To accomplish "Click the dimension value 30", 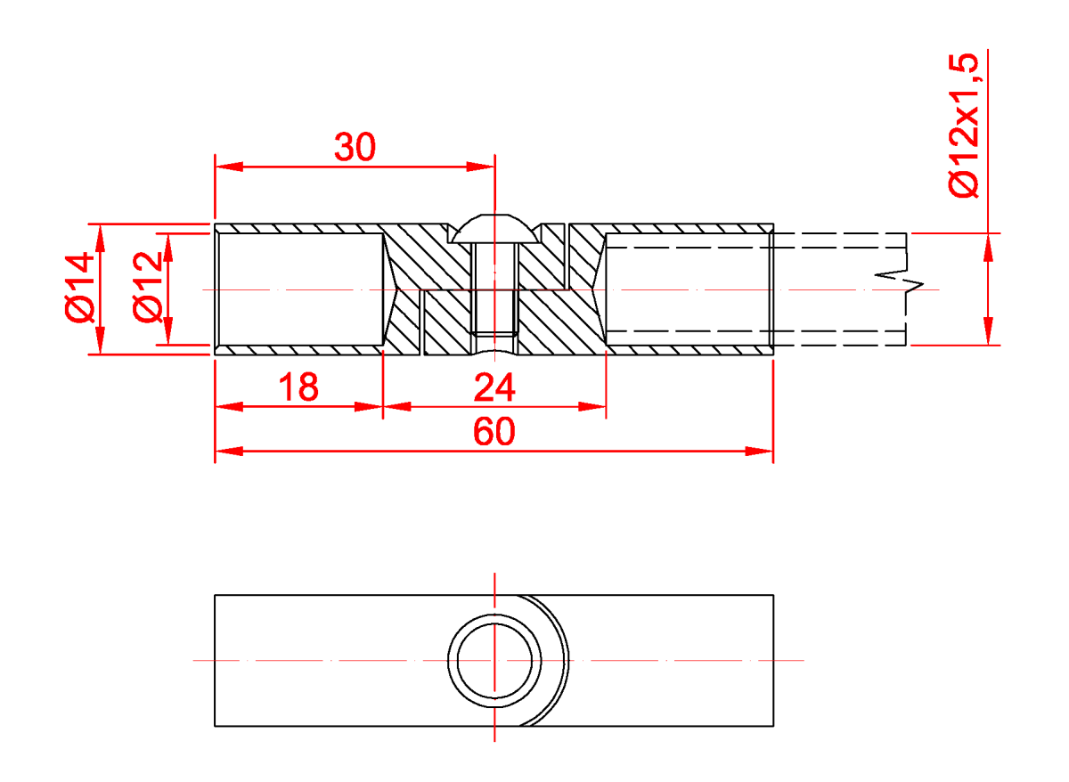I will point(355,147).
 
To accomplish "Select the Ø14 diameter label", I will point(79,287).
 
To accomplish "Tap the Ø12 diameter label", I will point(147,287).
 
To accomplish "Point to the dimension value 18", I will point(298,388).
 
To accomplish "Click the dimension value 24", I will point(494,388).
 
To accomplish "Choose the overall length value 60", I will point(494,433).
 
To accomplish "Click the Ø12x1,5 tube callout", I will point(964,125).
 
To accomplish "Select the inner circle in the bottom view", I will point(494,660).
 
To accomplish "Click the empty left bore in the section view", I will point(298,289).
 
